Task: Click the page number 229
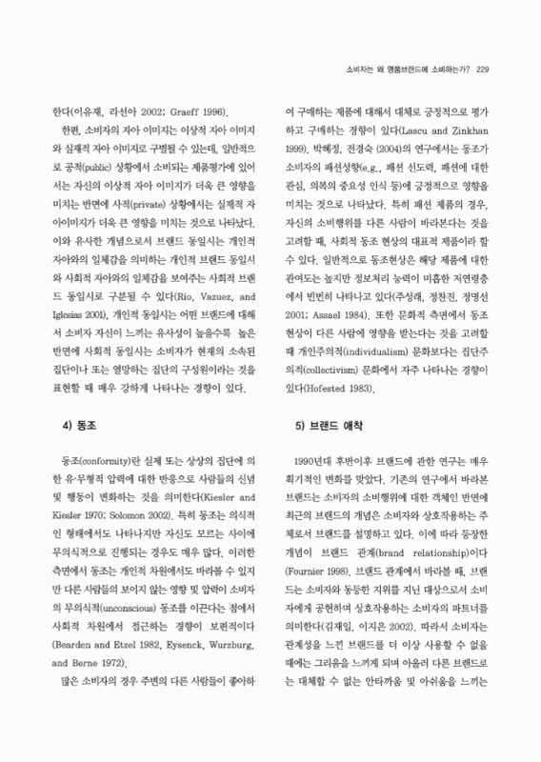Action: click(x=482, y=68)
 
